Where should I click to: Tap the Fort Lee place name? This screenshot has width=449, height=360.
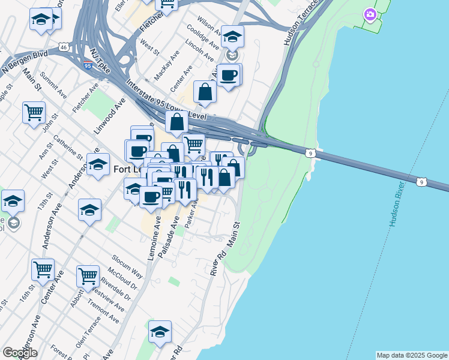pos(128,170)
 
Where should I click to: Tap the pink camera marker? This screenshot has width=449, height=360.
pos(370,14)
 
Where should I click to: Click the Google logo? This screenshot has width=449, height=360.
pos(20,352)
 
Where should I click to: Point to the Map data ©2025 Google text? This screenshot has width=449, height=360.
pos(412,355)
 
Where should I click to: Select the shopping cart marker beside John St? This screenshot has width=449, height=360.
pos(34,112)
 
